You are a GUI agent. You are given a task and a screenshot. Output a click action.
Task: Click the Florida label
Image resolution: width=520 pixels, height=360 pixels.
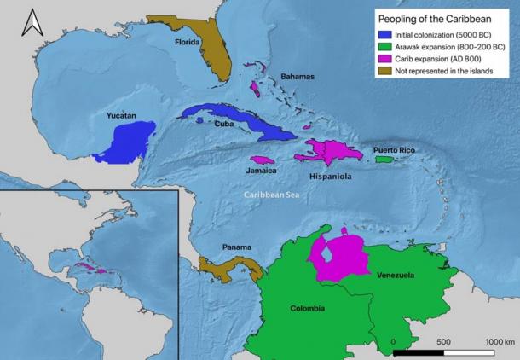pyautogui.click(x=188, y=41)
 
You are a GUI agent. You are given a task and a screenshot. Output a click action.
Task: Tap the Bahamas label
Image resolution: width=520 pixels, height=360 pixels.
pyautogui.click(x=298, y=77)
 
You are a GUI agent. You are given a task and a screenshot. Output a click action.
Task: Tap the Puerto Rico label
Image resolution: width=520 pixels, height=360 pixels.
pyautogui.click(x=395, y=150)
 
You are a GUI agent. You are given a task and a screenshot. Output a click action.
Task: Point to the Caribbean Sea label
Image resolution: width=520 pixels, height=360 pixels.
pyautogui.click(x=268, y=195)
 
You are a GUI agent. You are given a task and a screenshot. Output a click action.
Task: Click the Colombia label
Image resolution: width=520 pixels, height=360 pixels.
pyautogui.click(x=307, y=309)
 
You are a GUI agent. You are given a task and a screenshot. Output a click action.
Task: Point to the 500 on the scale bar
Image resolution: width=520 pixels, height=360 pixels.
pyautogui.click(x=442, y=341)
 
